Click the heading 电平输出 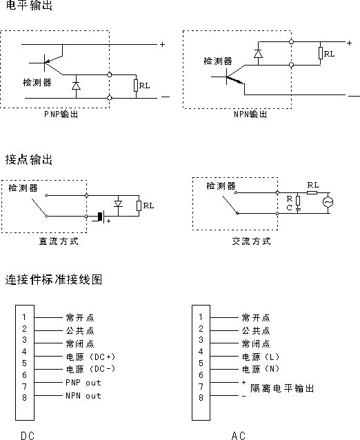(x=29, y=5)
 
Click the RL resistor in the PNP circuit (x=136, y=86)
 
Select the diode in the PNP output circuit (x=76, y=86)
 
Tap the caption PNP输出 (x=61, y=114)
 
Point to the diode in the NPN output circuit (x=258, y=54)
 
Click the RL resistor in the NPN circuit (x=321, y=53)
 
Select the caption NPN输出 (x=250, y=114)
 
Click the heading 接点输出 (x=29, y=159)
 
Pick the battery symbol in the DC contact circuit (x=101, y=217)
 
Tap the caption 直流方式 (x=59, y=241)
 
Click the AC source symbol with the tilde (x=328, y=202)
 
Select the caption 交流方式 (x=252, y=241)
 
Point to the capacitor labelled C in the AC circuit (x=298, y=208)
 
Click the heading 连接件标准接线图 (x=54, y=280)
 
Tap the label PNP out (x=83, y=383)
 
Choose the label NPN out (x=83, y=396)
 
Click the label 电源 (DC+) (x=90, y=357)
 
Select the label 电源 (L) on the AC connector (x=261, y=357)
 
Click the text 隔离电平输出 (x=282, y=389)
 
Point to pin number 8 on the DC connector (x=25, y=398)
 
